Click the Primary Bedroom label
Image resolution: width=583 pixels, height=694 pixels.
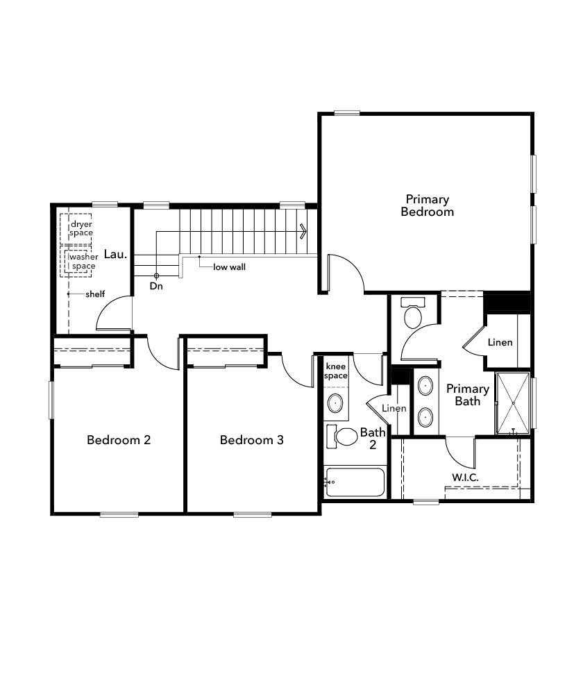(427, 205)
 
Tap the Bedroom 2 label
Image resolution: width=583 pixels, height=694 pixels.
(119, 440)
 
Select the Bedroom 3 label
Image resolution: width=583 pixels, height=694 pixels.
(251, 440)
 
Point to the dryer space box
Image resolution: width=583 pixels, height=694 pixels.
(81, 228)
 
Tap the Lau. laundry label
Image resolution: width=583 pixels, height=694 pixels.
(115, 254)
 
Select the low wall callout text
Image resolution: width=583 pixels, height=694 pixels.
(229, 266)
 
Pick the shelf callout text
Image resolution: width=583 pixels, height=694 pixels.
(95, 294)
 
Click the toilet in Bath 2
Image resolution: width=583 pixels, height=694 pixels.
(344, 437)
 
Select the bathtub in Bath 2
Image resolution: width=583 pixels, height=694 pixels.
(355, 482)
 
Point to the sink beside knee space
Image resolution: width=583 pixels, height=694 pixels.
(336, 402)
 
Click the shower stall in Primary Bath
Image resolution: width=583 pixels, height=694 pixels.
(513, 403)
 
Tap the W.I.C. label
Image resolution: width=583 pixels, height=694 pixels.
(465, 477)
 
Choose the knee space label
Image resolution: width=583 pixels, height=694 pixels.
(336, 371)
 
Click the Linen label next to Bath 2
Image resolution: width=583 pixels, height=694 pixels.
(394, 409)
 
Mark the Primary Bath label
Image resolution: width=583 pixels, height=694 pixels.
(467, 394)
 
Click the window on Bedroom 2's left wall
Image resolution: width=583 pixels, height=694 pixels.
(51, 400)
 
